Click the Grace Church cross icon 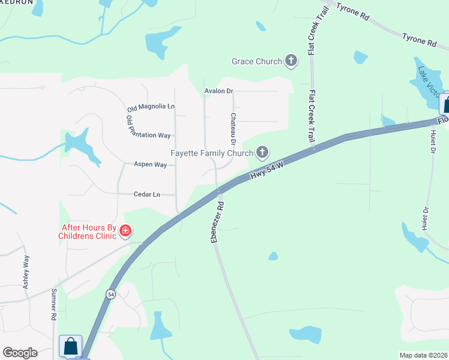click(291, 61)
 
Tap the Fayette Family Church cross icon click(262, 152)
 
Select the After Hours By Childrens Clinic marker click(125, 230)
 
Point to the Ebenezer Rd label click(217, 222)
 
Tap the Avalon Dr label click(218, 91)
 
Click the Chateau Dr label click(233, 128)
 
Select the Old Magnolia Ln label click(151, 107)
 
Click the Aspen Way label click(150, 164)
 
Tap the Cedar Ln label click(148, 194)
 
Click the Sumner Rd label click(53, 304)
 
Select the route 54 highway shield click(110, 294)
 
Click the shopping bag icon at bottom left click(71, 346)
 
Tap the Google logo click(20, 353)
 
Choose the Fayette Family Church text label click(212, 153)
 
